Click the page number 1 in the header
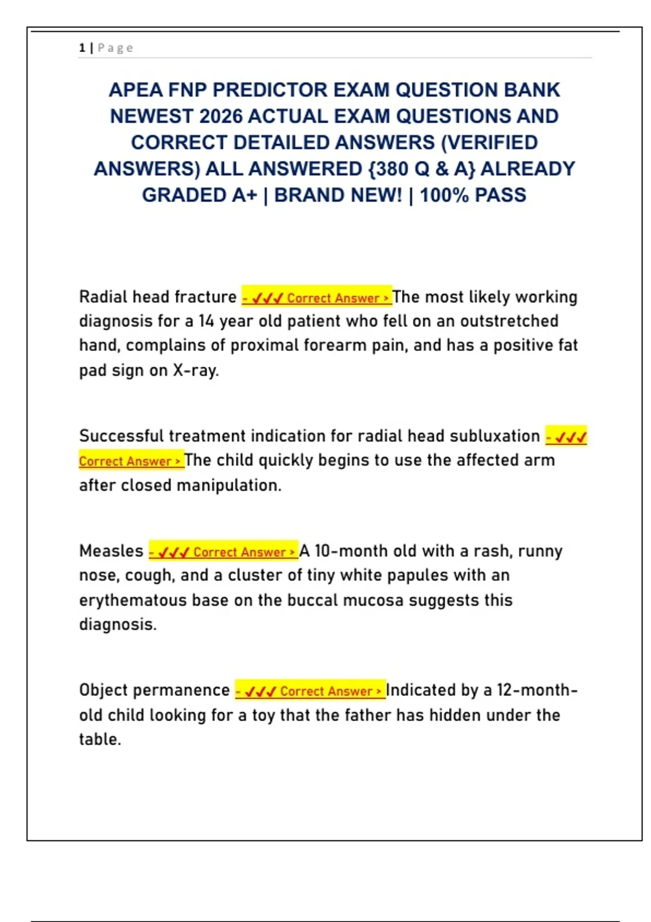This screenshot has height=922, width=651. click(x=82, y=48)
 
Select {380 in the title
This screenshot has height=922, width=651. click(x=388, y=169)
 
